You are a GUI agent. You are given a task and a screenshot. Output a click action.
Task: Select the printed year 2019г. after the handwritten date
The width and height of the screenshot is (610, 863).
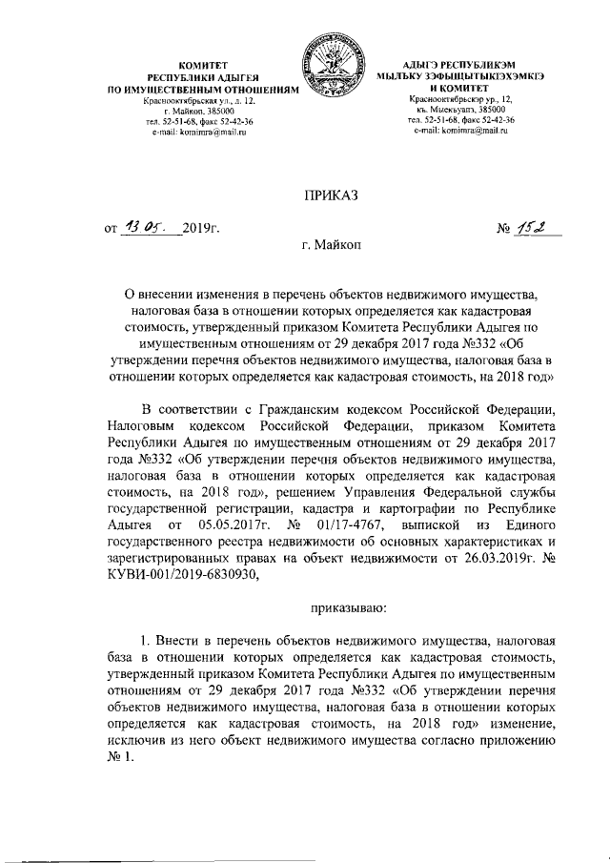[201, 230]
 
